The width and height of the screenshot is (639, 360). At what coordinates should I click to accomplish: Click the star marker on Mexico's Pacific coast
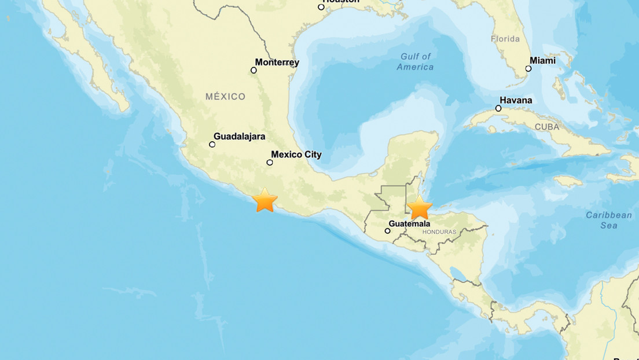265,200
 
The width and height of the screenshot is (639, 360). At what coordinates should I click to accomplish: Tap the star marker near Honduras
419,208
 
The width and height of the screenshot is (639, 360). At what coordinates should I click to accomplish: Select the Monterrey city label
277,63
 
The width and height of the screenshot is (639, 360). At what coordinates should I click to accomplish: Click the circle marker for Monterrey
254,70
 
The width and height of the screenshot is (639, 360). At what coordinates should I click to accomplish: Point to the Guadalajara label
240,137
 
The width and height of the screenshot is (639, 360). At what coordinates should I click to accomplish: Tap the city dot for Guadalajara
212,144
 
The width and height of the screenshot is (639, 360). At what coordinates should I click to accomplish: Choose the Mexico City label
296,155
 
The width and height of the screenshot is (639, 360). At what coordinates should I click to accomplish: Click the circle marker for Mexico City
270,163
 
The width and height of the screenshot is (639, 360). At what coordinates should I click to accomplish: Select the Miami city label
542,61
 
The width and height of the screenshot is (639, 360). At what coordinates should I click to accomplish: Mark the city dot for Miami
528,68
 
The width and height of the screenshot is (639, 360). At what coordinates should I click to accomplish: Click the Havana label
516,100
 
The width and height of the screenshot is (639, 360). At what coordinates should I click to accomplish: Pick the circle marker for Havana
498,108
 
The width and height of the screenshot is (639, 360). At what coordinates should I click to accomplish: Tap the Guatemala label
409,223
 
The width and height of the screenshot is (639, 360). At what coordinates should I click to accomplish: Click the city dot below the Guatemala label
388,231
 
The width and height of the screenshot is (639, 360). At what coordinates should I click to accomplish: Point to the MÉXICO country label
225,97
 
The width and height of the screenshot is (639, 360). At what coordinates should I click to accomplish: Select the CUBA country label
547,127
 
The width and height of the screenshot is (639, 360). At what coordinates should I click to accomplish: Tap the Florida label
505,39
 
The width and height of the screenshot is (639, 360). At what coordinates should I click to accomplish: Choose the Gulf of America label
416,61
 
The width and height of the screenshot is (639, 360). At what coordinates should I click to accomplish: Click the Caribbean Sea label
608,220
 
